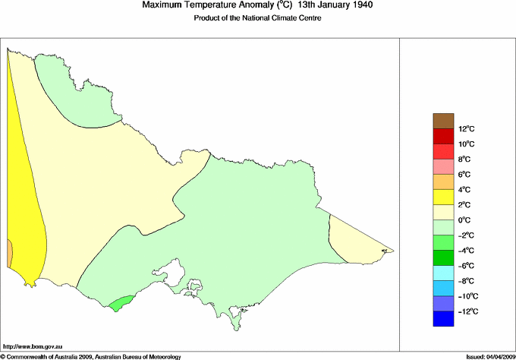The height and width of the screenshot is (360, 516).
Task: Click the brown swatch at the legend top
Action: click(x=442, y=121)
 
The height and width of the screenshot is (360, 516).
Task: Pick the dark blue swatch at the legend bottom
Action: click(x=442, y=319)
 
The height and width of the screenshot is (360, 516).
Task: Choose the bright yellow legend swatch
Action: click(x=442, y=197)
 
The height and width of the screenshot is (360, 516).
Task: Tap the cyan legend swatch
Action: click(x=442, y=273)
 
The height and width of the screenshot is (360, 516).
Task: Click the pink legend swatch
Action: click(x=442, y=166)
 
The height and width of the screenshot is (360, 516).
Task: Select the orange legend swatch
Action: click(x=442, y=182)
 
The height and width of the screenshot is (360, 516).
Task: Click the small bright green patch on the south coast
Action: click(x=118, y=304)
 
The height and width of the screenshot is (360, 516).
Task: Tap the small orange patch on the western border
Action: click(x=9, y=253)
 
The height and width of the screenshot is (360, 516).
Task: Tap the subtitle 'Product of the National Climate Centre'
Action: click(x=259, y=18)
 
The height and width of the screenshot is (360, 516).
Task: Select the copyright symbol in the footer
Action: click(x=3, y=355)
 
